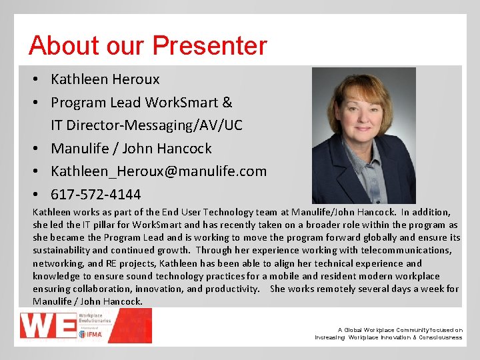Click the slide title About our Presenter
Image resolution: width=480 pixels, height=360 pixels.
(x=147, y=45)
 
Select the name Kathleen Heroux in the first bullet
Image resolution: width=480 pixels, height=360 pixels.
(x=105, y=79)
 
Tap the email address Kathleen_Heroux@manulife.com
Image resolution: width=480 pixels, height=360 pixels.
(x=159, y=171)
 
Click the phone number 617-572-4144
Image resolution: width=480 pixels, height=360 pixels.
(x=96, y=195)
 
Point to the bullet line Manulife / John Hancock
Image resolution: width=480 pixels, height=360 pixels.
(x=131, y=148)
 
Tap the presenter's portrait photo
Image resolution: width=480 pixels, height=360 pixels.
(x=363, y=135)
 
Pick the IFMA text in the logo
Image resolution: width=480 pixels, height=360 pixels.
(x=95, y=334)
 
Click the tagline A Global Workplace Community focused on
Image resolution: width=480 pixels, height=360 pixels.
(x=400, y=329)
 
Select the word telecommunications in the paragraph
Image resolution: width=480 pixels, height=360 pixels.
(x=407, y=250)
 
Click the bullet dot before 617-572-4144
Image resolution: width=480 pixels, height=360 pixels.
(x=37, y=195)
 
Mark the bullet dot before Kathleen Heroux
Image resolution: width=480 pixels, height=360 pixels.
(x=37, y=79)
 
